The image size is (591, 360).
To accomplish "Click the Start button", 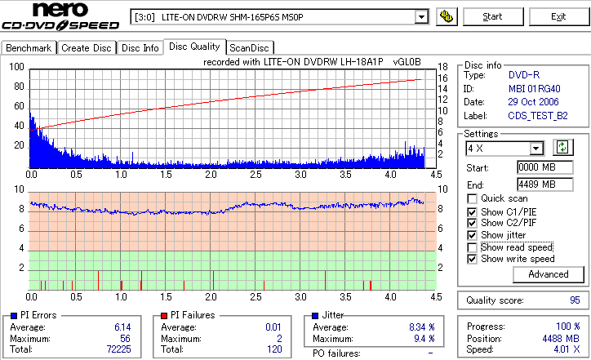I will coord(492,16).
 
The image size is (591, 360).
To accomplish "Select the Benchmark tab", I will coord(29,48).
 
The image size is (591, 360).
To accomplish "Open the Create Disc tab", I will coord(86,48).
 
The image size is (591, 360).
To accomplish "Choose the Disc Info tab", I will coord(140,48).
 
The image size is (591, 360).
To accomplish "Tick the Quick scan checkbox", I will coord(472,198).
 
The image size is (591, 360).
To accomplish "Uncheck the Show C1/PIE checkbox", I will coord(472,211).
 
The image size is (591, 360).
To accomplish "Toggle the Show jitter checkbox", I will coord(472,235).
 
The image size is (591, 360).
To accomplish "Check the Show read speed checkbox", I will coord(472,247).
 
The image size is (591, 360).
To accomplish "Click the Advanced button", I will coord(548,274).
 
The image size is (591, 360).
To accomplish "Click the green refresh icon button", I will coord(562,147).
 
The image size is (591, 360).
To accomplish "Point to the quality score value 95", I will coord(575,300).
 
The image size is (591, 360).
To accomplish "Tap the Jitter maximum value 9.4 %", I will coord(421,338).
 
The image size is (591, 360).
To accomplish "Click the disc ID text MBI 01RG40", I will coord(535,88).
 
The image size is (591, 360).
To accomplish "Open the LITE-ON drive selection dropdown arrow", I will coord(421,16).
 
